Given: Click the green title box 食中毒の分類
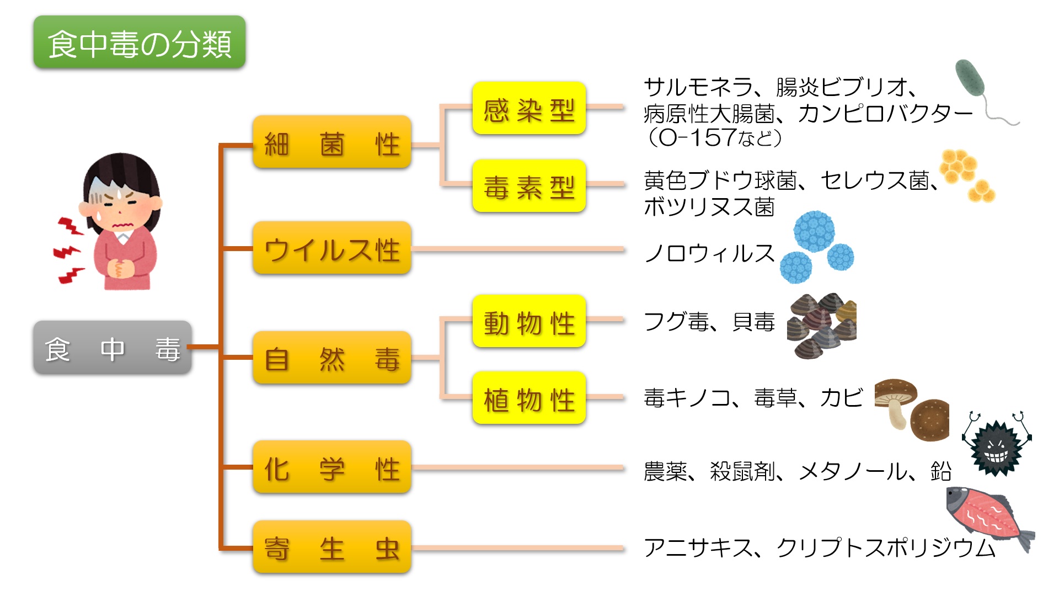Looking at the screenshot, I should point(139,42).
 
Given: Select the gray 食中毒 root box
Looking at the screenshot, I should point(113,348).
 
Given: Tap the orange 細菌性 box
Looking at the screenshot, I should point(331,142).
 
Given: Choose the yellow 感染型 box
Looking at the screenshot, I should point(528,108).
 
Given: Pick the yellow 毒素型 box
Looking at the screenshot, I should point(528,186).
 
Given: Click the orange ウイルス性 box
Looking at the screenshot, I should point(331,248).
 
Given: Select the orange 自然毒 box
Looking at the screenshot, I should point(331,358).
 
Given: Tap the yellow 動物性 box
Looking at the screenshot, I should point(528,321).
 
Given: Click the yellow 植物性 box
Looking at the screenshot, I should point(528,398).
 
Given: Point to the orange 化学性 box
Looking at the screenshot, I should point(331,467).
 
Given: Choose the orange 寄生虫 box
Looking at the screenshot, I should point(331,547).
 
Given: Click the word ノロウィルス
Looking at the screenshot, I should point(709,253).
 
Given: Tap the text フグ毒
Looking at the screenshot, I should point(676,321).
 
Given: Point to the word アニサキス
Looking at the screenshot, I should point(698,547).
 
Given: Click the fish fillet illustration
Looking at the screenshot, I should point(987,516).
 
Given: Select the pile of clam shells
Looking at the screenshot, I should point(821,326).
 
